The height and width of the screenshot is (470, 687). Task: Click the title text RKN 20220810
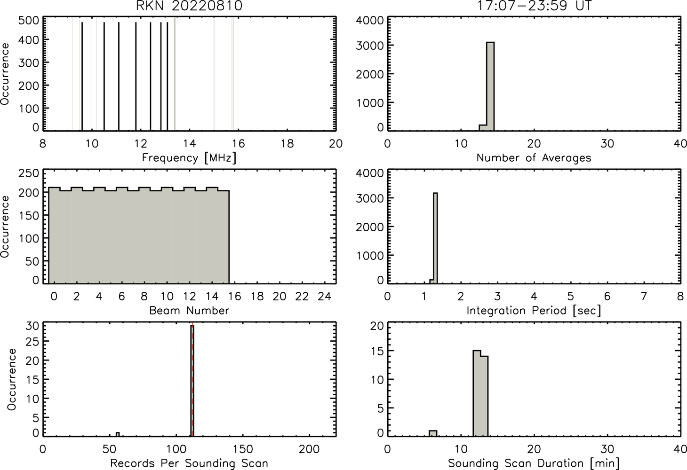(x=189, y=6)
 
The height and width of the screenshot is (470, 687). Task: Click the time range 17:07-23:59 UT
(x=534, y=6)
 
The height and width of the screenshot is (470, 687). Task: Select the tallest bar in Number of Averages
(x=490, y=86)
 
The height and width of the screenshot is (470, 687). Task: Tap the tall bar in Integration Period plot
(x=435, y=238)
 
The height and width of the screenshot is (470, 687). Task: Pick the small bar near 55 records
(x=118, y=434)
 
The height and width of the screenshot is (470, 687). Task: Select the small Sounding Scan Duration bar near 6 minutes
(x=433, y=433)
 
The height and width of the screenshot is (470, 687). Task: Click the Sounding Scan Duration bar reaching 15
(x=477, y=393)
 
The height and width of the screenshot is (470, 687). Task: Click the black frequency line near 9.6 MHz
(x=82, y=77)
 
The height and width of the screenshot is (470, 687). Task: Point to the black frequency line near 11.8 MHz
(x=136, y=77)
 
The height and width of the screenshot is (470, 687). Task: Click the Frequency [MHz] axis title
(x=189, y=158)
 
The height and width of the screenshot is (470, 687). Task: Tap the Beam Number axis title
(x=189, y=310)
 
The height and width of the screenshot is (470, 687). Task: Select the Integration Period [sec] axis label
(x=534, y=311)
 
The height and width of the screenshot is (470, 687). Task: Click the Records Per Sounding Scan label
(x=189, y=463)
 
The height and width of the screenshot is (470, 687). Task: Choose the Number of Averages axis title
(x=534, y=157)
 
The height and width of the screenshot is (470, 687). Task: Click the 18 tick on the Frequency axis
(x=287, y=143)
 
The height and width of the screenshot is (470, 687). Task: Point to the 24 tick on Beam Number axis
(x=325, y=296)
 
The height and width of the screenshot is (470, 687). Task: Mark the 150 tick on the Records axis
(x=243, y=449)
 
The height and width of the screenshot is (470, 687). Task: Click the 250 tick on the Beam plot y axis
(x=29, y=173)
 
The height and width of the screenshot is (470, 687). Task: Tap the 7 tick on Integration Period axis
(x=644, y=296)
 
